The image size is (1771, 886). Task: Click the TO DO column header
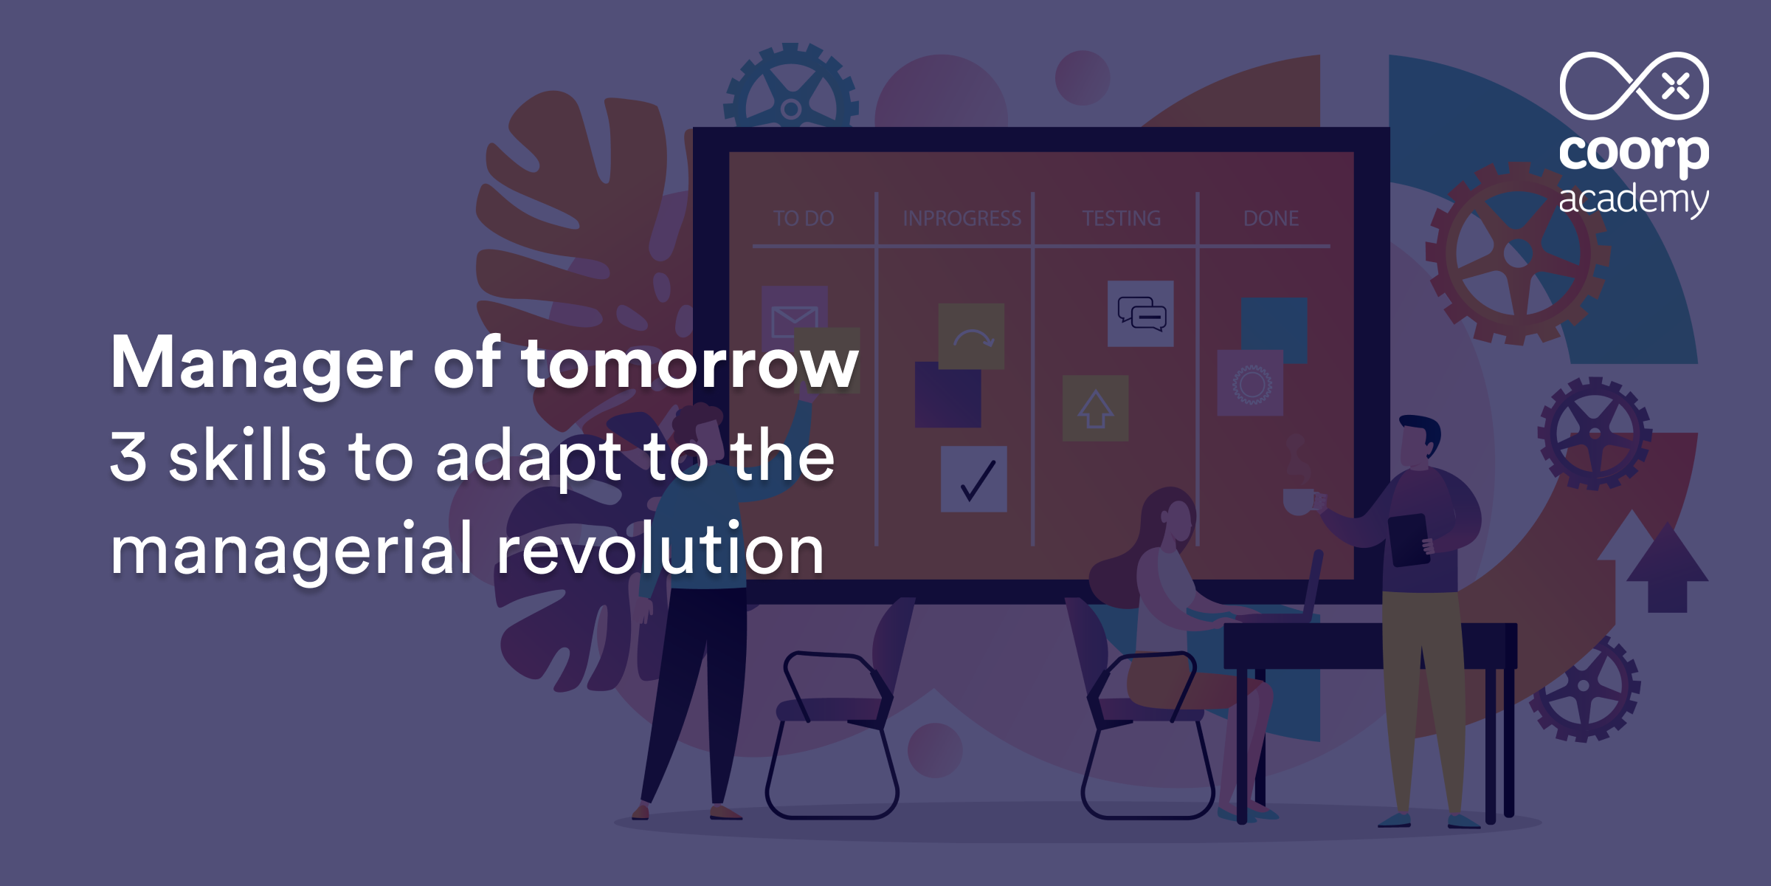804,218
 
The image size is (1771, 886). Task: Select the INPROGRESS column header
962,218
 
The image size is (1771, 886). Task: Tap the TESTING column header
1121,218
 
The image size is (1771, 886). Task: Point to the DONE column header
1271,218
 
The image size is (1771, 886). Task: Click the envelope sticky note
794,319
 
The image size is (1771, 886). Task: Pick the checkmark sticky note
974,479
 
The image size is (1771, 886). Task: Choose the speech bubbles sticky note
1141,314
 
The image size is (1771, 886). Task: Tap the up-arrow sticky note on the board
1095,408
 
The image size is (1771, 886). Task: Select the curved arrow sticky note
971,336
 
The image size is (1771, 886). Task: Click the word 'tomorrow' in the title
690,363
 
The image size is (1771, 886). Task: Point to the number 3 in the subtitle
128,456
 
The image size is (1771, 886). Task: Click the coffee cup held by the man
1299,501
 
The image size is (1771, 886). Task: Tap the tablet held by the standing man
1409,540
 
